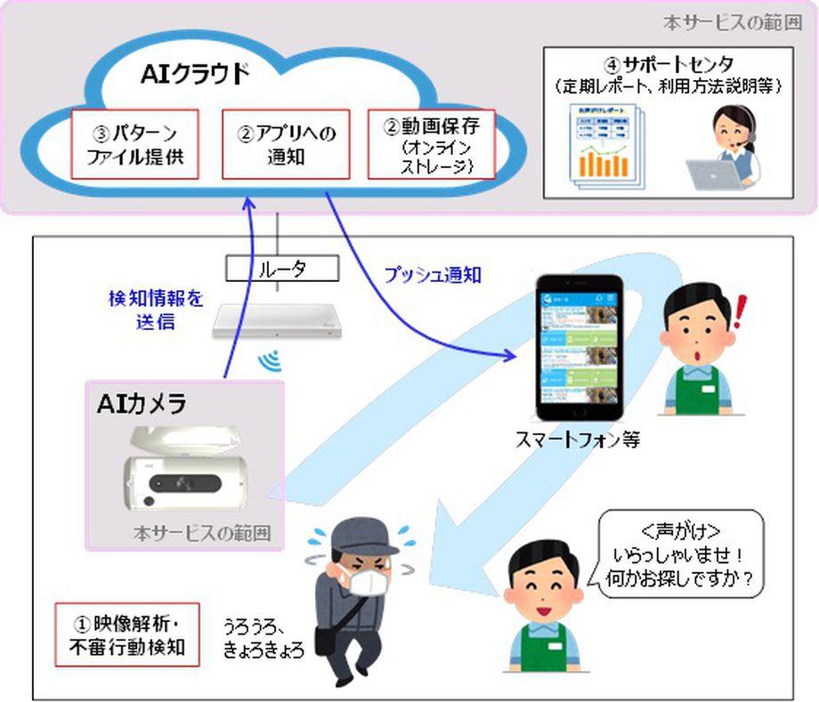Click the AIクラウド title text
tap(196, 75)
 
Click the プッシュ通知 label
tap(433, 276)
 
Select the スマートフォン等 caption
tap(590, 440)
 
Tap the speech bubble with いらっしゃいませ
tap(677, 550)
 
